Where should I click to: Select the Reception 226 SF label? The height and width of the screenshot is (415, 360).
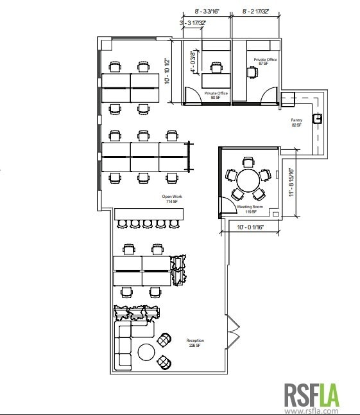pyautogui.click(x=194, y=342)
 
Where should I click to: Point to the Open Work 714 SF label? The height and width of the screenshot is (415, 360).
pyautogui.click(x=171, y=199)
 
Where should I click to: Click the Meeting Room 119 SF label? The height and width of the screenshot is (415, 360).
pyautogui.click(x=246, y=209)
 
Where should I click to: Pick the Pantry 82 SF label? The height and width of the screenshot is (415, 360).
pyautogui.click(x=296, y=122)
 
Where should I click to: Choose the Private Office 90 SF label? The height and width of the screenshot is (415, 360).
pyautogui.click(x=216, y=95)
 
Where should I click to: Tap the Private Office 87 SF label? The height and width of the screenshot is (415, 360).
pyautogui.click(x=265, y=61)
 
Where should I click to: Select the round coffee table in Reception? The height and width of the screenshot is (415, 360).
pyautogui.click(x=146, y=351)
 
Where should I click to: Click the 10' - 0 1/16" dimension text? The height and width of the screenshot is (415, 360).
pyautogui.click(x=250, y=227)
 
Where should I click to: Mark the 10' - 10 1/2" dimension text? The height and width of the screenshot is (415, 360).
pyautogui.click(x=167, y=71)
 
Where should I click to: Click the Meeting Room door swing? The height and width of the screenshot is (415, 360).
pyautogui.click(x=226, y=206)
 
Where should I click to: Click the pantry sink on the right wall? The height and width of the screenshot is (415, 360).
pyautogui.click(x=318, y=118)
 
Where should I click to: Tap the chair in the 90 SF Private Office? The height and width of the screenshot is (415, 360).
pyautogui.click(x=217, y=67)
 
